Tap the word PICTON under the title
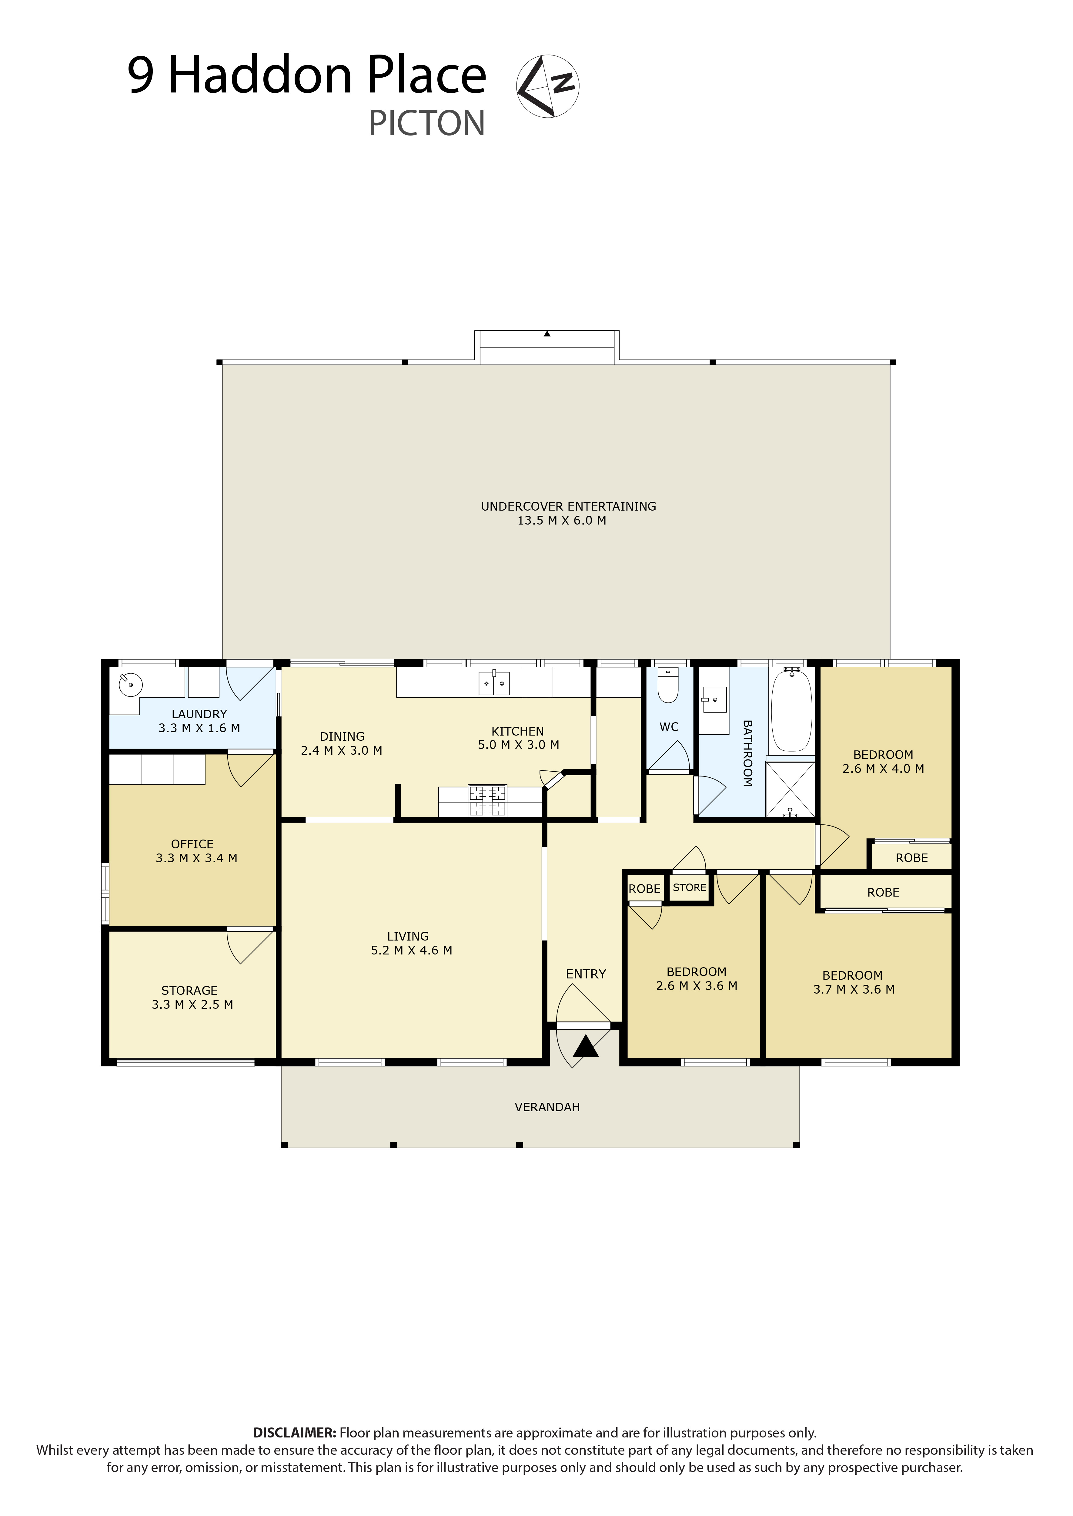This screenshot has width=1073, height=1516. (x=427, y=124)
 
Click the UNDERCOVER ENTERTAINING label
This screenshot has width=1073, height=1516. (x=568, y=506)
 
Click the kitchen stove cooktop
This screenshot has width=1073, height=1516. (x=488, y=801)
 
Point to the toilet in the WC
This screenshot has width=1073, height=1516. (x=668, y=685)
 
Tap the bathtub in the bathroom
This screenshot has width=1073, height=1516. (x=791, y=710)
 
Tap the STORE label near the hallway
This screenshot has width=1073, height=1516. (x=689, y=887)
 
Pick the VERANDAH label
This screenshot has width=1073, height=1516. (x=547, y=1107)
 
